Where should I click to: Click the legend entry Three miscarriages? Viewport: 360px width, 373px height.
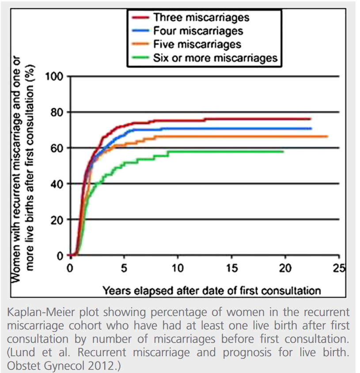pos(201,18)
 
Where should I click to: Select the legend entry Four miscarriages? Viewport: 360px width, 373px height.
pos(198,31)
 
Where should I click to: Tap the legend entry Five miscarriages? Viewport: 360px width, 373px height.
pos(197,44)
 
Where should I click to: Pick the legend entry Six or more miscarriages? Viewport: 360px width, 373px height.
pos(215,57)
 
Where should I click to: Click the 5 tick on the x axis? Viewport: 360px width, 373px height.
pos(124,268)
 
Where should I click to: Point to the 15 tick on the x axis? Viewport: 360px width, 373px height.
pos(231,268)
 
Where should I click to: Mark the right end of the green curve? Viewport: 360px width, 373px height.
pos(283,151)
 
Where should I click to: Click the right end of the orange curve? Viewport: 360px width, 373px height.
pos(327,136)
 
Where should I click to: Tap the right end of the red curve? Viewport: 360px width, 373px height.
pos(311,119)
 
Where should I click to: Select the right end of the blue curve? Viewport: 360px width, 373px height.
pos(311,128)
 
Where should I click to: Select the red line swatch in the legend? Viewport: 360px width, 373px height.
pos(140,18)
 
